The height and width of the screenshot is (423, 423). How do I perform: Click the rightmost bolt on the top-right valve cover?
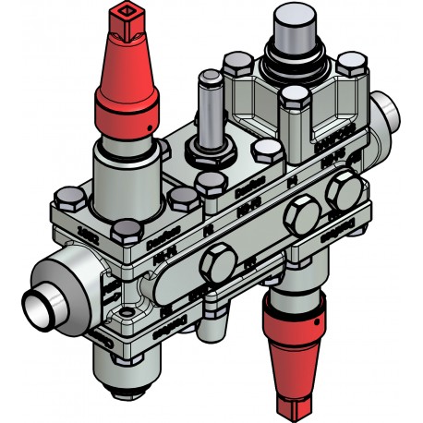[x=347, y=65]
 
